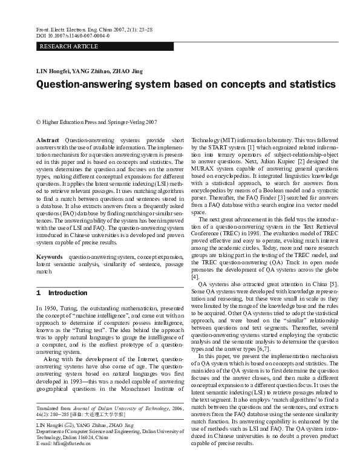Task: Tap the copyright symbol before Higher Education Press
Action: [x=39, y=122]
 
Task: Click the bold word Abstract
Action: [x=48, y=140]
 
